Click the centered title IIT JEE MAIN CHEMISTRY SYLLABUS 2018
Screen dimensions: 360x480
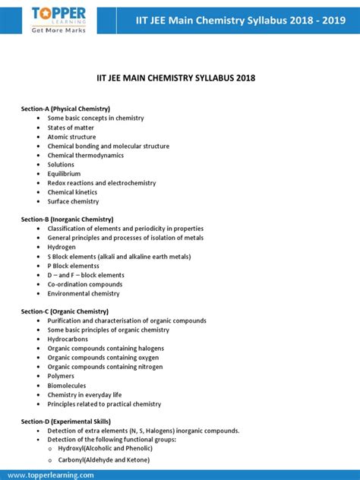180,77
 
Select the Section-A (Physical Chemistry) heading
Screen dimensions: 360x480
65,109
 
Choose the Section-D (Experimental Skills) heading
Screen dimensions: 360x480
66,422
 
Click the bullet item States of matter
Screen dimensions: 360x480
71,128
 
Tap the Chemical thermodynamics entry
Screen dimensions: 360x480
87,155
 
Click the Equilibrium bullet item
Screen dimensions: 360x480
64,174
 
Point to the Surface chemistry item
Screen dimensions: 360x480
73,201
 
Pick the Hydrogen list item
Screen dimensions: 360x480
62,247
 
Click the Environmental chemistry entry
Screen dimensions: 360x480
84,293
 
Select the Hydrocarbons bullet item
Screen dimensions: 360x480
68,339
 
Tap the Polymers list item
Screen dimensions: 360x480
61,376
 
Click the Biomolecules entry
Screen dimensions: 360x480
68,385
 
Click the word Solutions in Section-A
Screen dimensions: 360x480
61,164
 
